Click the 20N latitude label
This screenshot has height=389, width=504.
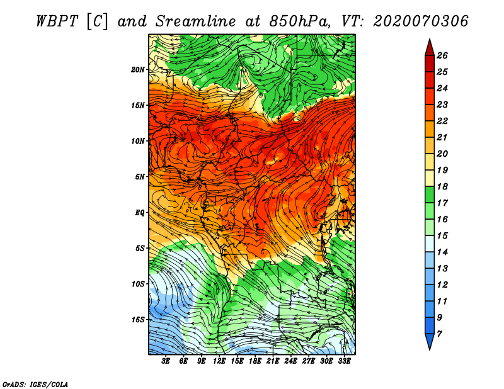point(138,70)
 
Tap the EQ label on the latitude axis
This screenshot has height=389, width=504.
point(140,213)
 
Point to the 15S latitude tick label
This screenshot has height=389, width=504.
point(138,320)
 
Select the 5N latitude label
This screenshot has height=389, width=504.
point(140,177)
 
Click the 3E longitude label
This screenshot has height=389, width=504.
point(166,361)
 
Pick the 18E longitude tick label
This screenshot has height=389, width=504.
point(255,361)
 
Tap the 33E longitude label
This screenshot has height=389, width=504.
point(344,361)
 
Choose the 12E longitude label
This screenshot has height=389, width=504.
point(219,361)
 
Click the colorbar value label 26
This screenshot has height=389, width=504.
point(442,55)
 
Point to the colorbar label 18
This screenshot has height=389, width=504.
point(442,186)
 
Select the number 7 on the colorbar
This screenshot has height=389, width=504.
point(439,334)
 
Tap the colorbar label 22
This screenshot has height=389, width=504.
point(442,121)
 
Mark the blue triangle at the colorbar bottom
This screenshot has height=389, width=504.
point(430,340)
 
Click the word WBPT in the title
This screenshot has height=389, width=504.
point(57,21)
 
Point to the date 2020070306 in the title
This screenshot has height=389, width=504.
point(421,21)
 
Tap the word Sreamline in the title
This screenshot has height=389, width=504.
point(196,21)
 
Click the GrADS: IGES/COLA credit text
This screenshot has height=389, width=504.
point(35,385)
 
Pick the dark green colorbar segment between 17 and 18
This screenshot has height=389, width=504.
point(430,194)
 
